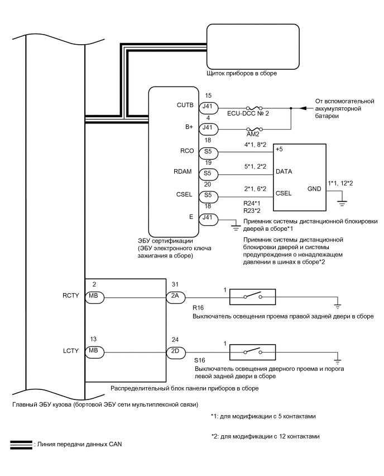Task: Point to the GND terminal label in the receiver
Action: [314, 189]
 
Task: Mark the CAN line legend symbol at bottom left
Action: [21, 444]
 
